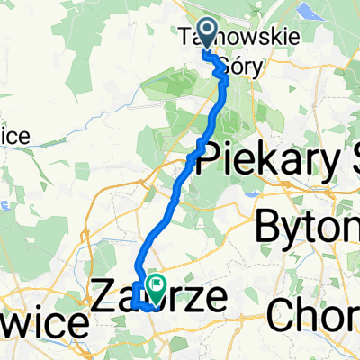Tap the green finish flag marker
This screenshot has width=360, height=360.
[156, 290]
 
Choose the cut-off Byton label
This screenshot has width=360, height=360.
[307, 225]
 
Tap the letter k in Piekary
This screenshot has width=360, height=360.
[248, 158]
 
